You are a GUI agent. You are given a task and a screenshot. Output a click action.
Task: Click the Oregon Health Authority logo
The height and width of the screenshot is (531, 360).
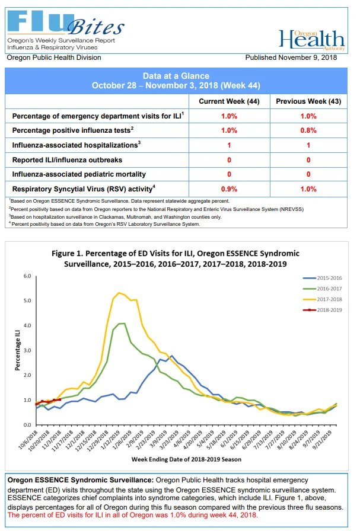point(312,40)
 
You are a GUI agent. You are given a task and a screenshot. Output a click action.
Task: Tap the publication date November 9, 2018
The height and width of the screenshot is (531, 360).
point(307,57)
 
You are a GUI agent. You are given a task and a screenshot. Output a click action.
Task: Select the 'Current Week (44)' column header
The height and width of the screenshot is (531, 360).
point(229,101)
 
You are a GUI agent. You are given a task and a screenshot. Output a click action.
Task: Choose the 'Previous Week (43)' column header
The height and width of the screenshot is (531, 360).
point(308,101)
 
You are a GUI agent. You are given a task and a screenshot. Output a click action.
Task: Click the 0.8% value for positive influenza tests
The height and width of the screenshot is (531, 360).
point(308,130)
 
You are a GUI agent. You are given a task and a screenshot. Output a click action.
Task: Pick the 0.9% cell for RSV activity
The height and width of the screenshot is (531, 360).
point(229,189)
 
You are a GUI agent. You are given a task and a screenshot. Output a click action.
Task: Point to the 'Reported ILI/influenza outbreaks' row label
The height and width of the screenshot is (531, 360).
point(67,160)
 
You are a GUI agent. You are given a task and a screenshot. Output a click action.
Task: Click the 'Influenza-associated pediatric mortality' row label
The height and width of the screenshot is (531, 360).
point(79,174)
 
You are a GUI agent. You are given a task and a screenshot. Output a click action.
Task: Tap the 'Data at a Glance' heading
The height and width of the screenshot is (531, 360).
point(176,76)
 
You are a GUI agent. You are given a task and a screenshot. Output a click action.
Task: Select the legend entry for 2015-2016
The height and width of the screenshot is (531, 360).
point(323,278)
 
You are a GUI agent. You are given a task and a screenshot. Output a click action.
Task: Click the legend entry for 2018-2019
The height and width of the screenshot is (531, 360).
point(323,310)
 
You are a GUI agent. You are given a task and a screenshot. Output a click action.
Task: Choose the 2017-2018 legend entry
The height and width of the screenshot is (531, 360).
point(323,299)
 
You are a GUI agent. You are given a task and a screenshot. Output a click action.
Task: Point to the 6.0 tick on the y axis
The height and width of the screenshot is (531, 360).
point(27,276)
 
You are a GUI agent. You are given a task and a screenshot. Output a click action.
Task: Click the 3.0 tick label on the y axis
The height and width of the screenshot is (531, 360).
point(27,350)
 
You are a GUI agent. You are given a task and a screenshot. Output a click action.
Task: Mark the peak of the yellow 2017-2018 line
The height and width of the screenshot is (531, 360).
point(119,293)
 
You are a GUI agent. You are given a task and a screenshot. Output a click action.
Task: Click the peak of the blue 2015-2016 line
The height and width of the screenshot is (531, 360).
point(171,356)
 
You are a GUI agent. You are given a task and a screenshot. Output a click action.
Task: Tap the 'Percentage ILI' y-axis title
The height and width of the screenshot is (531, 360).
point(18,350)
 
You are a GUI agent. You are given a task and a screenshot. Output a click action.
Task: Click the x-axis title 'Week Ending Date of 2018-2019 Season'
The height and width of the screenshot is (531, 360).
point(186,459)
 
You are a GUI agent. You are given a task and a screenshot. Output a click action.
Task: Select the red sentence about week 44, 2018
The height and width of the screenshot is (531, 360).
point(132,515)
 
